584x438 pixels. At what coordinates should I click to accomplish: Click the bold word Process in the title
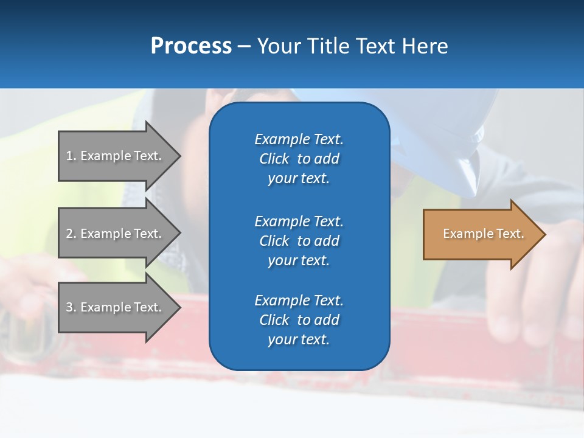coord(191,46)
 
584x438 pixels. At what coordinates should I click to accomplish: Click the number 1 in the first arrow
coord(69,156)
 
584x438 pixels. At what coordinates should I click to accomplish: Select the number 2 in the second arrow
coord(69,234)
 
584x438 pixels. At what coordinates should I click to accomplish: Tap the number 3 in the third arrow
coord(69,307)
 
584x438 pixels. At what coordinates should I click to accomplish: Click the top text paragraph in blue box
coord(299,159)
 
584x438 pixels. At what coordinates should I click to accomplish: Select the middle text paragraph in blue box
coord(299,241)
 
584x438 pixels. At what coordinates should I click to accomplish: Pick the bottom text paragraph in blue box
coord(299,320)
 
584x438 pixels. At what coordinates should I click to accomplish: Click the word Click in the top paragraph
coord(274,159)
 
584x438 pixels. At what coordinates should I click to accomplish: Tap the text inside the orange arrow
coord(483,234)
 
